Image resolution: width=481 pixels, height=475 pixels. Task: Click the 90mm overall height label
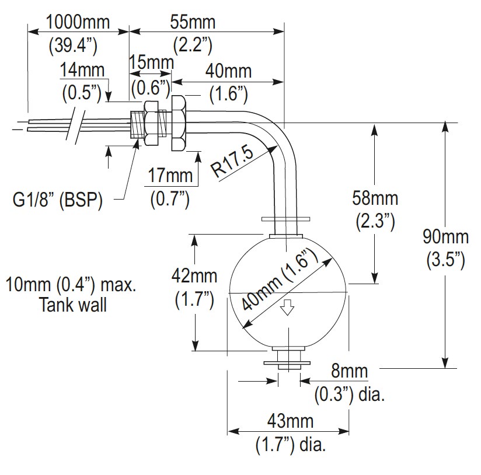point(446,237)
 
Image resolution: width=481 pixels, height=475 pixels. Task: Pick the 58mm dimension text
point(376,198)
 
